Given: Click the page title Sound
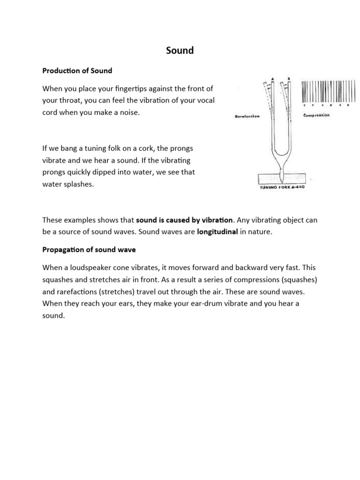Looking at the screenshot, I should [180, 50].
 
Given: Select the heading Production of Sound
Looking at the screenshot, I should [77, 71].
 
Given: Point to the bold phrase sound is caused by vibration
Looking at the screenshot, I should [184, 219].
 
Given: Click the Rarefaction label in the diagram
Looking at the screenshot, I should [247, 117].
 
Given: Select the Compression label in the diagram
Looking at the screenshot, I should [317, 115].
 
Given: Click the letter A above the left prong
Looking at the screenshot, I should [272, 79].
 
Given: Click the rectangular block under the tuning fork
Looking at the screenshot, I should [281, 179].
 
